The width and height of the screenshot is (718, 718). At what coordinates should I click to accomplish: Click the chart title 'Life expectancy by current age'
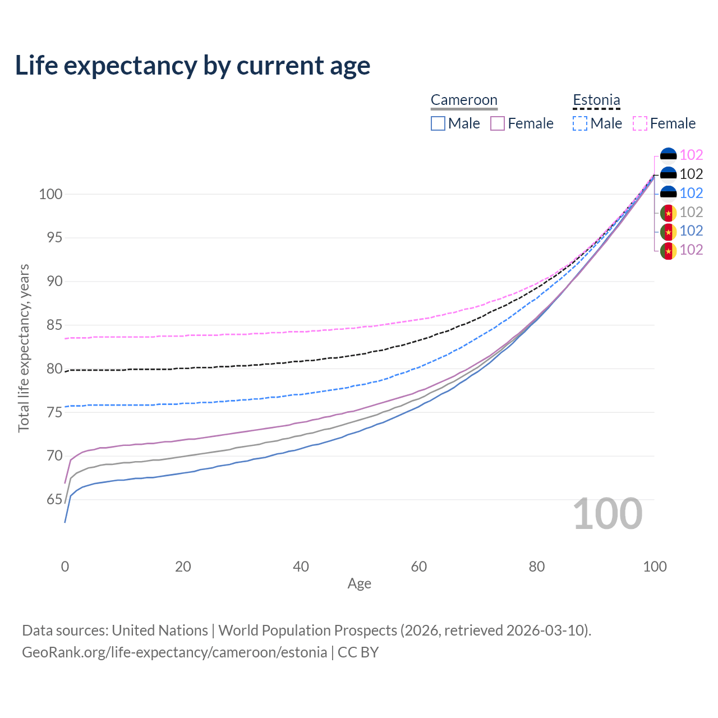[192, 66]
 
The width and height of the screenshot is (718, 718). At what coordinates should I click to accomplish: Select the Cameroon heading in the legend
[464, 100]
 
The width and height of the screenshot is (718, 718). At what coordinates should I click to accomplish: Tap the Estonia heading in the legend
[596, 100]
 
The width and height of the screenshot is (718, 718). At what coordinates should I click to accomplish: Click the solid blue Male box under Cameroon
[438, 123]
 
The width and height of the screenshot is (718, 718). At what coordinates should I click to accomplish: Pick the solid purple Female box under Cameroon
[498, 123]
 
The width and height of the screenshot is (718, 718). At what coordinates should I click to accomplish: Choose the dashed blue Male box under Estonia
[580, 123]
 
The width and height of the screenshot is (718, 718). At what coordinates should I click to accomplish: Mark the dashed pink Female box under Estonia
[640, 123]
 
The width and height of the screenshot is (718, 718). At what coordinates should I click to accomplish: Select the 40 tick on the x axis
[301, 567]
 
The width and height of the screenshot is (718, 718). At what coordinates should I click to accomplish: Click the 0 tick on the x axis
[65, 567]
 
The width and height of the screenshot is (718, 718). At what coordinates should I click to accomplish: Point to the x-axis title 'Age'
[360, 583]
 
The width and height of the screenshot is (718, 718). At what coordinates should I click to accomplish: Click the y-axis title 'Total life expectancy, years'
[24, 348]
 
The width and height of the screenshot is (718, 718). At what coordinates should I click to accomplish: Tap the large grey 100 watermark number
[607, 514]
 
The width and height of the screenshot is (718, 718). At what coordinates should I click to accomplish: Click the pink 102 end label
[691, 155]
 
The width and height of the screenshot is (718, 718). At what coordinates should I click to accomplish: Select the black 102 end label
[691, 174]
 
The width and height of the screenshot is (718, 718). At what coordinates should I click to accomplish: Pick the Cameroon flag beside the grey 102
[668, 213]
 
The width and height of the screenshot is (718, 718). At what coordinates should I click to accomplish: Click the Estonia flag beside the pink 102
[668, 155]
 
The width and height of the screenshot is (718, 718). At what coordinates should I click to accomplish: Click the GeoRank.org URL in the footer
[174, 652]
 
